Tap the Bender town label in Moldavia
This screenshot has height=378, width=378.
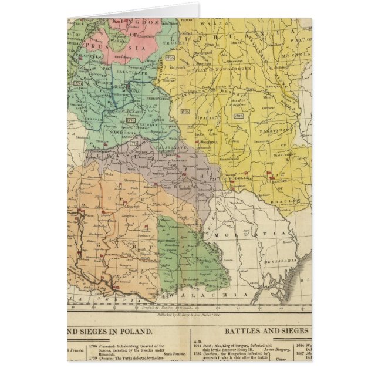click(x=286, y=241)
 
